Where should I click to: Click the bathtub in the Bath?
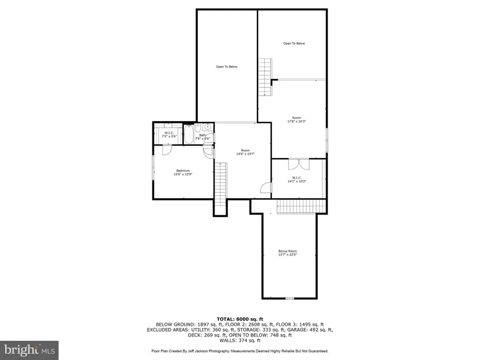(x=189, y=134)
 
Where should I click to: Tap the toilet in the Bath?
(x=198, y=128)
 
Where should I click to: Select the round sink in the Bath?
(x=207, y=126)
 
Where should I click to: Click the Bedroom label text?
(x=183, y=170)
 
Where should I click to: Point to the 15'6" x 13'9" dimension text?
(x=183, y=174)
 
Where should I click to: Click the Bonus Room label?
(x=288, y=251)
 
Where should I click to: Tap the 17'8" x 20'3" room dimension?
(x=296, y=121)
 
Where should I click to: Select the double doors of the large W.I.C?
(x=299, y=164)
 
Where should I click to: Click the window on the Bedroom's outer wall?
(x=153, y=168)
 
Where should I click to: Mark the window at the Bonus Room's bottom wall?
(x=289, y=298)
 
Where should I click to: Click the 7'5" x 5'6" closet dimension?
(x=169, y=136)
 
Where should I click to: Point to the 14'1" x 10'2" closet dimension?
(x=297, y=181)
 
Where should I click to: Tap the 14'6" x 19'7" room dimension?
(x=245, y=154)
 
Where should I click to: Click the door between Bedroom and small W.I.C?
(x=167, y=150)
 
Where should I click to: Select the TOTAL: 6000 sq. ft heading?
(x=240, y=319)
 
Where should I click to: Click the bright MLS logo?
(x=29, y=350)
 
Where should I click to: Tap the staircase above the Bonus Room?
(x=302, y=206)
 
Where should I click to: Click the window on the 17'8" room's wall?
(x=326, y=140)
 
